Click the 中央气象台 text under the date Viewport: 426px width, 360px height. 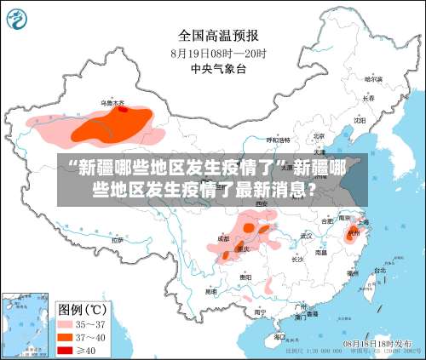pyautogui.click(x=218, y=68)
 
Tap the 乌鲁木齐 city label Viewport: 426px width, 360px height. pyautogui.click(x=112, y=102)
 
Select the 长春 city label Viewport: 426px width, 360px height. pyautogui.click(x=368, y=98)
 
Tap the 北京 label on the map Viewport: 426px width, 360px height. pyautogui.click(x=319, y=135)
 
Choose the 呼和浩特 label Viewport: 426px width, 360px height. pyautogui.click(x=279, y=140)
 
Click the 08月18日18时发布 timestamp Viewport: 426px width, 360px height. pyautogui.click(x=377, y=342)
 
